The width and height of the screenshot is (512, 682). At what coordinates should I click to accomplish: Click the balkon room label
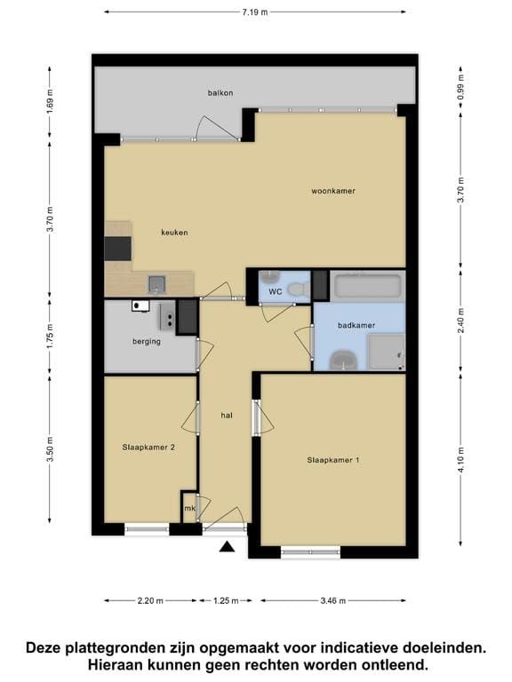tap(220, 93)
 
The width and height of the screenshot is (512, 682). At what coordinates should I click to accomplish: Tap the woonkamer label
tap(333, 191)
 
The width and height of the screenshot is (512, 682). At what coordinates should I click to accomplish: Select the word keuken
tap(174, 233)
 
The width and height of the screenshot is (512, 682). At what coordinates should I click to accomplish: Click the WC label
tap(276, 292)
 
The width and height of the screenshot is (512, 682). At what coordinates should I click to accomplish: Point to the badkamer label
tap(356, 325)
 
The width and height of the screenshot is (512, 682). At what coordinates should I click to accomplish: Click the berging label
tap(147, 341)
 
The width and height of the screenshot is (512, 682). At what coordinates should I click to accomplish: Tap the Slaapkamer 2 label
tap(148, 448)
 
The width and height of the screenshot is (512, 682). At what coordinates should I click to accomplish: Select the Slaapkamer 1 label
tap(333, 460)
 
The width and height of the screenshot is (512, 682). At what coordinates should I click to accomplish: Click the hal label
tap(227, 416)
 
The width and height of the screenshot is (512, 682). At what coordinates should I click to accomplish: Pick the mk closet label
tap(189, 508)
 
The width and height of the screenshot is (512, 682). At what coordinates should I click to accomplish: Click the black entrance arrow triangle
tap(227, 546)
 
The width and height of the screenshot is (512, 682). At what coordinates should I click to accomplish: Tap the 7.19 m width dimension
tap(255, 12)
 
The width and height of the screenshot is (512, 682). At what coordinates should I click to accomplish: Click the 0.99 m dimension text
tap(461, 86)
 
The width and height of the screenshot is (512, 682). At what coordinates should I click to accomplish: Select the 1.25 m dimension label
tap(226, 601)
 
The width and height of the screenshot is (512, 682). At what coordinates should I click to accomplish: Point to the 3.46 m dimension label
tap(333, 601)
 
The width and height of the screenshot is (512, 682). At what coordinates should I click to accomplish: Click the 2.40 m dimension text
tap(461, 320)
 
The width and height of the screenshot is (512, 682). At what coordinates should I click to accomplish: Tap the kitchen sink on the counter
tap(156, 284)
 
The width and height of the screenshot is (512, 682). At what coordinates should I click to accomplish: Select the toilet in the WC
tap(300, 288)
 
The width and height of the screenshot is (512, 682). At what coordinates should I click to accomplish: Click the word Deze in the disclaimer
tap(44, 648)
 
